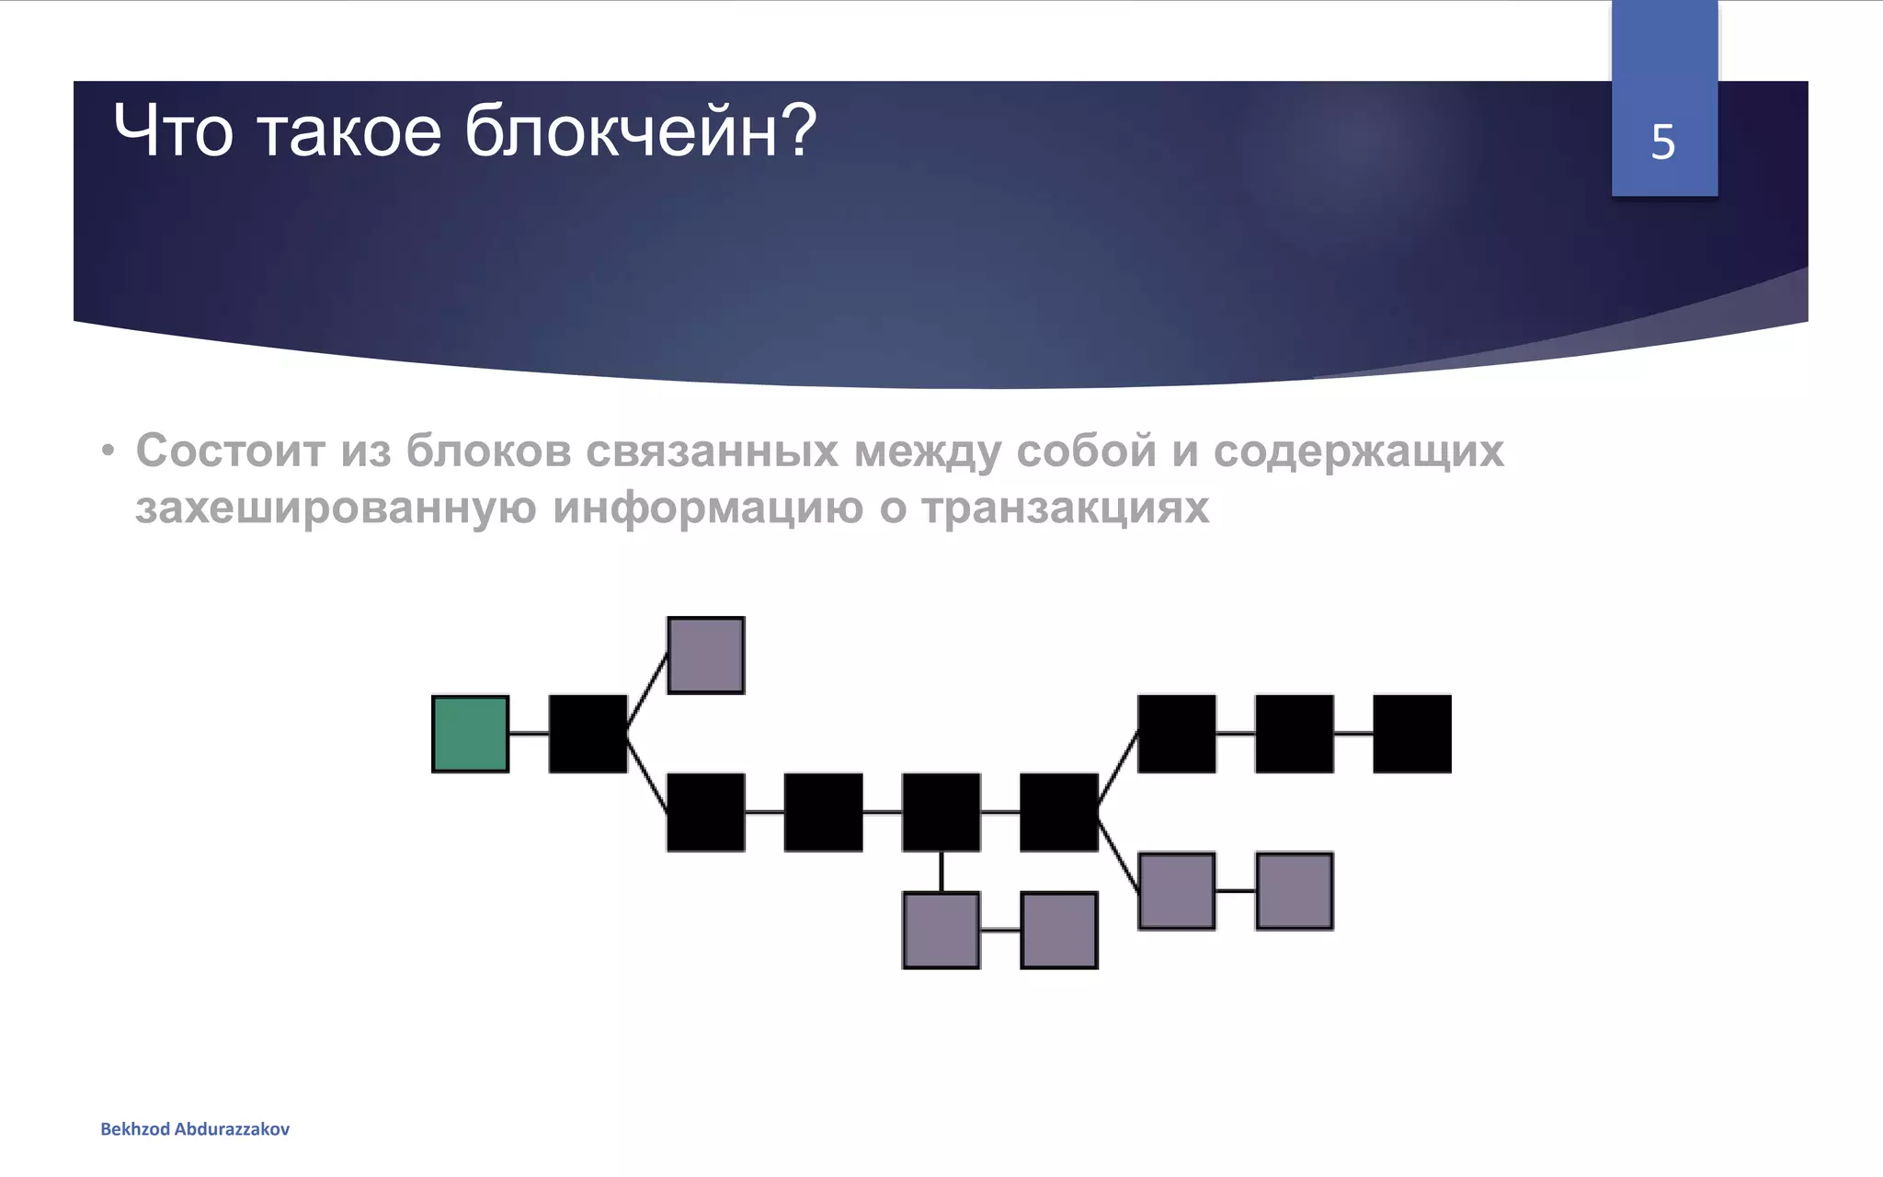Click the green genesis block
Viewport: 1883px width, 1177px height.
(x=470, y=734)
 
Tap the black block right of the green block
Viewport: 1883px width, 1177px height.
(x=588, y=734)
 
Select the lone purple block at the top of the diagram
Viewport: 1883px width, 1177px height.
(x=705, y=655)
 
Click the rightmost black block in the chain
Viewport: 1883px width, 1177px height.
(x=1411, y=734)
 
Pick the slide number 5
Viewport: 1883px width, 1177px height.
(x=1662, y=143)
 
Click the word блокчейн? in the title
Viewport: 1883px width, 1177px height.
(x=640, y=131)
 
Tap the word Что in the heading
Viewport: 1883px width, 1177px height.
(x=173, y=131)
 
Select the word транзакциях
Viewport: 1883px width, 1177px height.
(x=1065, y=508)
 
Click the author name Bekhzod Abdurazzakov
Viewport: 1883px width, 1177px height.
(x=195, y=1129)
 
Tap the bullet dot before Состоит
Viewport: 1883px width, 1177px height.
(x=108, y=451)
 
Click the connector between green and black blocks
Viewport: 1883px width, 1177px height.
(x=529, y=734)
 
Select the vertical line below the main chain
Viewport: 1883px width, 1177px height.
(x=941, y=871)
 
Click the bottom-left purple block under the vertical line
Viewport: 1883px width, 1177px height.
(x=941, y=931)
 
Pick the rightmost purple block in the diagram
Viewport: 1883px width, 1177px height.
(x=1294, y=890)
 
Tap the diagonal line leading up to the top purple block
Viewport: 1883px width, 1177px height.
(x=647, y=692)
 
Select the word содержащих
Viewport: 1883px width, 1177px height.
(x=1358, y=451)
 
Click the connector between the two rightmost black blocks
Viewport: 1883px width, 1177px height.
(x=1352, y=734)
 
